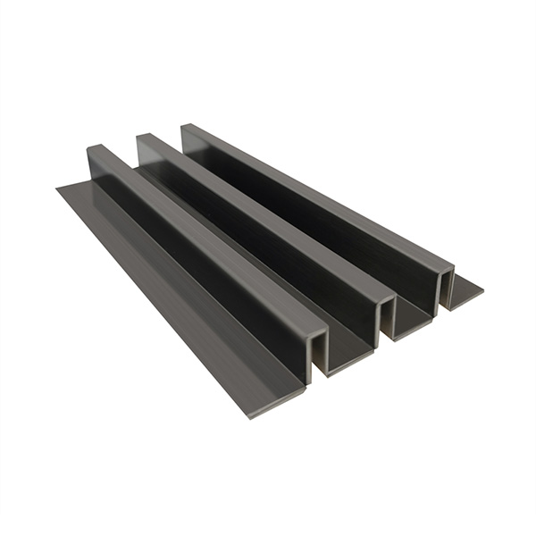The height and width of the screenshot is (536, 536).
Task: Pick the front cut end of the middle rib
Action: (386, 322)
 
